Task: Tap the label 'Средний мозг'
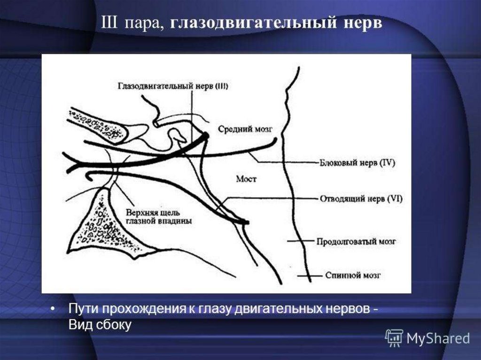coord(245,128)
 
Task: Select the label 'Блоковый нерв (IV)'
coord(358,163)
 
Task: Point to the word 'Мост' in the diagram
coord(246,179)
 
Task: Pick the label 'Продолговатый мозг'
coord(356,242)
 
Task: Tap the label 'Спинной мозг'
coord(353,275)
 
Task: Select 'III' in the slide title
coord(110,23)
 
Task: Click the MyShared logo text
coord(438,338)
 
